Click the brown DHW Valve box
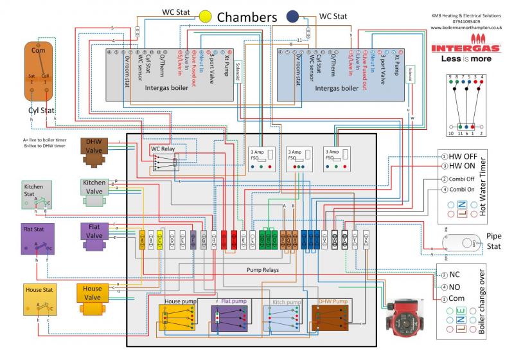94,147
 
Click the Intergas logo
467,48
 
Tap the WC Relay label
163,149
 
